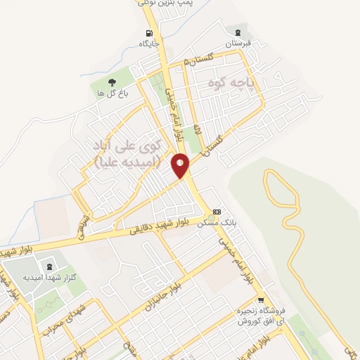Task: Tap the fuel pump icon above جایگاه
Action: (x=148, y=33)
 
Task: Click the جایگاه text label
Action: (x=149, y=44)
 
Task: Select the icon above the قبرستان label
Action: (x=237, y=32)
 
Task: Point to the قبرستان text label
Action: (x=237, y=43)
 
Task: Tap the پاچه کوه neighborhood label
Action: (x=234, y=84)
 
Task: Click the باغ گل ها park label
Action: (x=111, y=93)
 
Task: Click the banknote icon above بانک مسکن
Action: (x=217, y=212)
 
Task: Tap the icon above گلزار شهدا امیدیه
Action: (x=49, y=266)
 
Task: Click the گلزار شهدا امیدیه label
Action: (x=49, y=277)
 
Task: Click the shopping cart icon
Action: (x=260, y=300)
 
